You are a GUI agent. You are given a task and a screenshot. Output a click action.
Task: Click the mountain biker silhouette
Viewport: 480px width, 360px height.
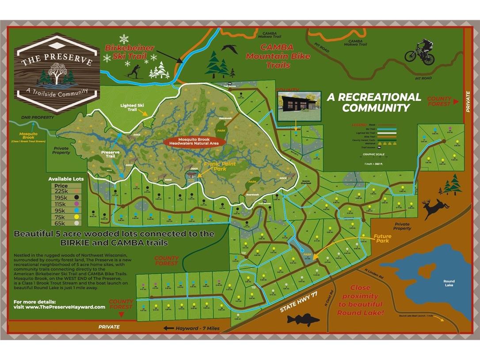coord(420,51)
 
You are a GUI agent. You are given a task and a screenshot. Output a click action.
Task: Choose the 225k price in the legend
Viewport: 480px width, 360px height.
coord(61,191)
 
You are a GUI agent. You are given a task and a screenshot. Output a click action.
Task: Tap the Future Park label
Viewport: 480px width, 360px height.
coord(382,239)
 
